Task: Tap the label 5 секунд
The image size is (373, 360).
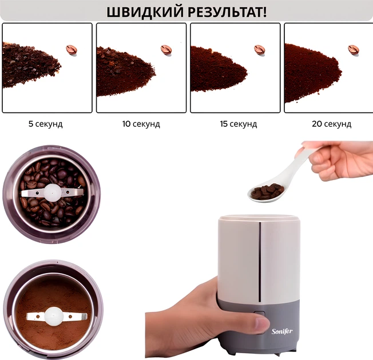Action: pos(45,124)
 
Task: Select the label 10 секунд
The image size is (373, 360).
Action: pos(141,124)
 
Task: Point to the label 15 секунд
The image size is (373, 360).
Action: pos(239,124)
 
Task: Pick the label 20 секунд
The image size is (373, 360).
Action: pos(332,124)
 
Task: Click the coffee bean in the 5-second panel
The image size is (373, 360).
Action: pos(72,50)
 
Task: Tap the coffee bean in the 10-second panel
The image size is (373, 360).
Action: pos(166,50)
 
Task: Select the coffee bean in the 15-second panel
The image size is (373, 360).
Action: pos(260,50)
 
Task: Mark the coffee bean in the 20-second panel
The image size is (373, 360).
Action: pos(354,50)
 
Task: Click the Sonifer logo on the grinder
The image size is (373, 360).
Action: pos(282,331)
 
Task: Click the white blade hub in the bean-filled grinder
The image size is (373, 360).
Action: pos(52,191)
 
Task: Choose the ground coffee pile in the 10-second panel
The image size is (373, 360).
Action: pos(125,71)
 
